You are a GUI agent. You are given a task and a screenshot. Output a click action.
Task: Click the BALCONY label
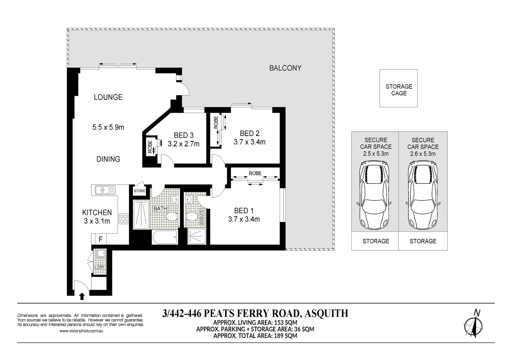click(x=285, y=68)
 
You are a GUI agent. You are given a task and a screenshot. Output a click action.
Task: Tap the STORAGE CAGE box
click(x=399, y=88)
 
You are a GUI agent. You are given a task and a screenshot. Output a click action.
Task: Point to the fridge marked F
click(x=100, y=239)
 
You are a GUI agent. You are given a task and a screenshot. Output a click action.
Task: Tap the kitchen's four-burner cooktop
click(x=123, y=218)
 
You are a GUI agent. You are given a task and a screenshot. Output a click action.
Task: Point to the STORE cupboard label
click(x=140, y=191)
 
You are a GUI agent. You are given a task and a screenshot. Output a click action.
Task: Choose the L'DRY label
click(x=99, y=267)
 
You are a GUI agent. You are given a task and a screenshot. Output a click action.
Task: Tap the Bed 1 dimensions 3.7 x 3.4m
click(x=244, y=219)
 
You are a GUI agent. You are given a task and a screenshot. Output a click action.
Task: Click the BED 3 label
click(x=183, y=135)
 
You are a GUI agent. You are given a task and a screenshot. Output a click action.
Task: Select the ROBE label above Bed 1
click(x=255, y=173)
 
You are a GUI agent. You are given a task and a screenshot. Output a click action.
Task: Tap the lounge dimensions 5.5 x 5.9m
click(x=108, y=127)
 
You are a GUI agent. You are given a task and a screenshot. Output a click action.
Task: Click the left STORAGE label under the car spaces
click(x=376, y=241)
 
